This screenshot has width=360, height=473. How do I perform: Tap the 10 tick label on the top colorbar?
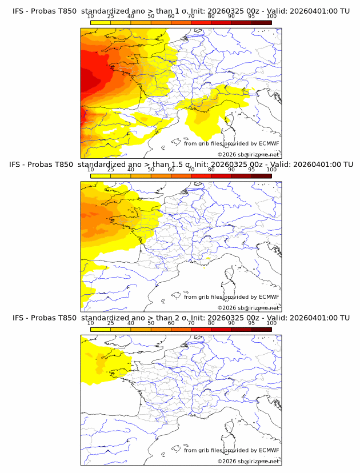click(x=91, y=17)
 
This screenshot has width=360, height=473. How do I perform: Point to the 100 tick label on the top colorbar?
click(x=271, y=17)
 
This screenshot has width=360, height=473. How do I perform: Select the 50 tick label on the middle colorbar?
click(x=151, y=170)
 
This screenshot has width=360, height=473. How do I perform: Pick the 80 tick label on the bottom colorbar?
click(x=211, y=323)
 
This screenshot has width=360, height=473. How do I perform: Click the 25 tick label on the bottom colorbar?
click(x=110, y=323)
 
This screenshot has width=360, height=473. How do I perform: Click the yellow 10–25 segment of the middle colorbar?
click(x=101, y=176)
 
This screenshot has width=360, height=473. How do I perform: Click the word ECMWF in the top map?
click(x=268, y=143)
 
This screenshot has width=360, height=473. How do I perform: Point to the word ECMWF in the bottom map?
click(x=268, y=450)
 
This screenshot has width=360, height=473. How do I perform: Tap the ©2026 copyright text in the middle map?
click(x=224, y=307)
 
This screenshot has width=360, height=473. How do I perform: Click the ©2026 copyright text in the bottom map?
click(x=224, y=461)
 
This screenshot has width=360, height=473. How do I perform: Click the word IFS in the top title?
click(x=18, y=11)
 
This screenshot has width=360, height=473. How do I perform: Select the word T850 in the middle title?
click(x=66, y=164)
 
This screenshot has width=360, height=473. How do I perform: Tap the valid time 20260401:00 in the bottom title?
click(x=315, y=318)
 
